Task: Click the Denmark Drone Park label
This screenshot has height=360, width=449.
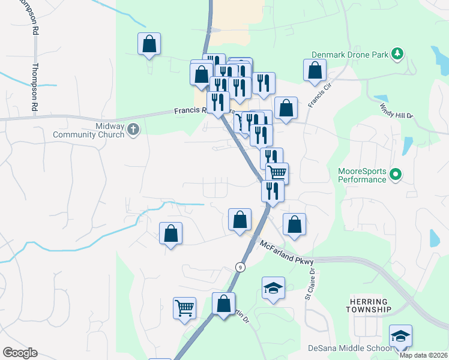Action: [350, 55]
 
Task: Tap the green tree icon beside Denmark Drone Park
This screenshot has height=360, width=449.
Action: [397, 55]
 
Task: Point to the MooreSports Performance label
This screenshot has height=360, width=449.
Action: [362, 175]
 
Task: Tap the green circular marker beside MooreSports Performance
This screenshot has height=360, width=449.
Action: [395, 175]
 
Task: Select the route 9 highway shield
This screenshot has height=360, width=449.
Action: [240, 267]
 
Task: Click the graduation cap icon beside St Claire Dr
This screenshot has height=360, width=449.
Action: [273, 287]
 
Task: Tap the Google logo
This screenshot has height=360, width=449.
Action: [20, 353]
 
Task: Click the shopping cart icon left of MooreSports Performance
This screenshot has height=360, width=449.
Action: [277, 173]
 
